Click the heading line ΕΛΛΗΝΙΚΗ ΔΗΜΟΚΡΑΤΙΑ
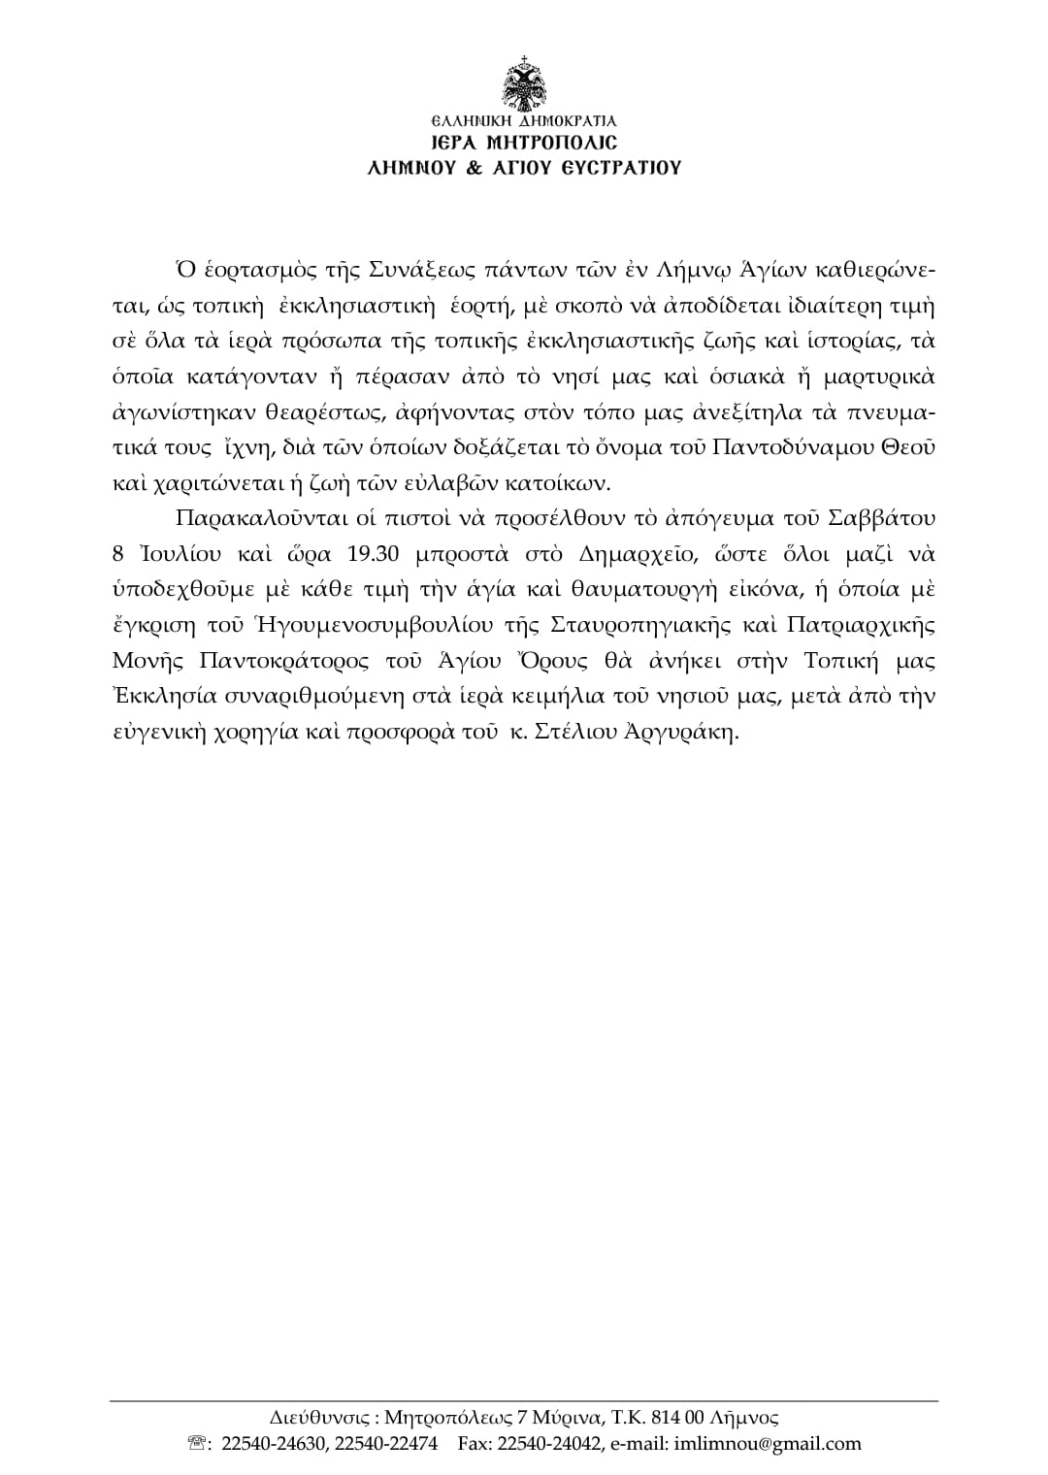pos(524,122)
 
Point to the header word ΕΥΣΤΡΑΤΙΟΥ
pos(616,167)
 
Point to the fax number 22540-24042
pos(550,1443)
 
